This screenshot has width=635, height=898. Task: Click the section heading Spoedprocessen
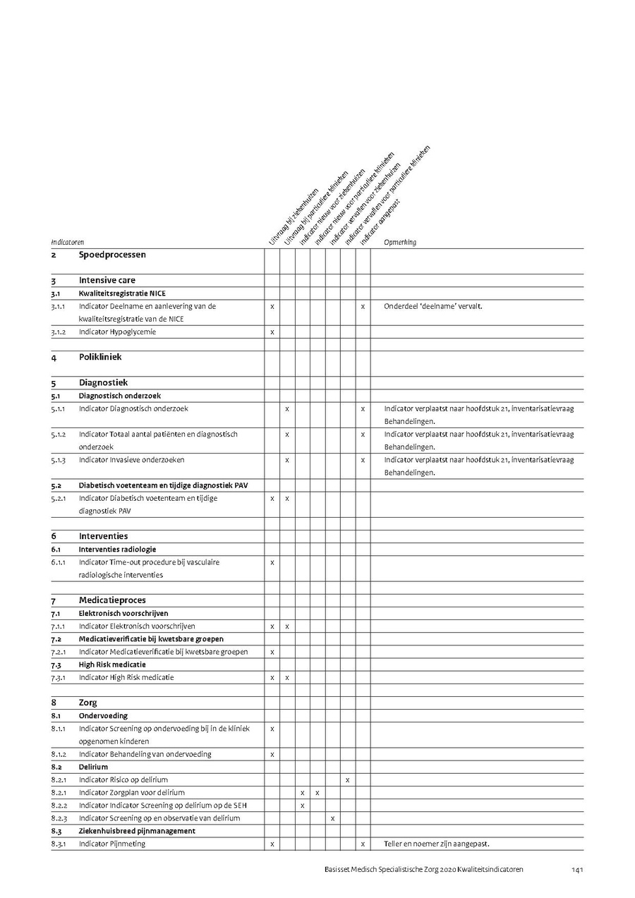pyautogui.click(x=112, y=255)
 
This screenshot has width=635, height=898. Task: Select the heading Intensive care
pyautogui.click(x=107, y=280)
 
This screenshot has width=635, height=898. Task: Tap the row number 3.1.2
pyautogui.click(x=58, y=332)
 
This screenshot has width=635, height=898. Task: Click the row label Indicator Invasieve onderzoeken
pyautogui.click(x=132, y=460)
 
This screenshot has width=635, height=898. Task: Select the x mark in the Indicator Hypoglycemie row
pyautogui.click(x=272, y=332)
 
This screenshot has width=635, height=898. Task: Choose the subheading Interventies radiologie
pyautogui.click(x=117, y=549)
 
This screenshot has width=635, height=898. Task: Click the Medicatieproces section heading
pyautogui.click(x=112, y=600)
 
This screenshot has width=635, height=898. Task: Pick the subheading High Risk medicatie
pyautogui.click(x=112, y=665)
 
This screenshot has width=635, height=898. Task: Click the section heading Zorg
pyautogui.click(x=88, y=703)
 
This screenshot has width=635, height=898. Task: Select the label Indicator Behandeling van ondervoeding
pyautogui.click(x=145, y=754)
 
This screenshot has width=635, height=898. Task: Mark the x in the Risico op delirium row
pyautogui.click(x=348, y=780)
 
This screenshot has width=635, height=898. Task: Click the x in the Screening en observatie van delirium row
pyautogui.click(x=332, y=818)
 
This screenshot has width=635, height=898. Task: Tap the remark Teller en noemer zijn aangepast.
pyautogui.click(x=436, y=844)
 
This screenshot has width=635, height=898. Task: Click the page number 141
pyautogui.click(x=576, y=870)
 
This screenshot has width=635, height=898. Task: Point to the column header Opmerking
pyautogui.click(x=400, y=242)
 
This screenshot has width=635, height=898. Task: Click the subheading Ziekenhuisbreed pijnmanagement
pyautogui.click(x=137, y=831)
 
